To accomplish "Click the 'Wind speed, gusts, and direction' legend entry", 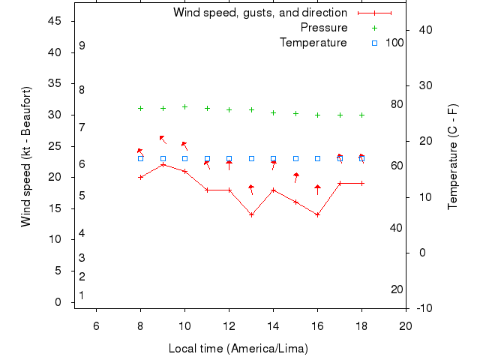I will [259, 13].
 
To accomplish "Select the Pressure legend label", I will [324, 28].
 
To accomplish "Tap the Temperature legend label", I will [313, 43].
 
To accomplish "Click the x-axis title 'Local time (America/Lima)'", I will [238, 349].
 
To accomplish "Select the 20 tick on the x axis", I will [406, 325].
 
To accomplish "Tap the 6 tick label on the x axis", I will [96, 325].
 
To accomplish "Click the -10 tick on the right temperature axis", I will [423, 308].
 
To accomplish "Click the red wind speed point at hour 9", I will [163, 164].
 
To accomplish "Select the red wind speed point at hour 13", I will [251, 214].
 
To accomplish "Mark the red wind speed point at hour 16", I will [318, 214].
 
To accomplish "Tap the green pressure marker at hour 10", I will [184, 106].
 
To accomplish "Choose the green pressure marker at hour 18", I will [361, 115].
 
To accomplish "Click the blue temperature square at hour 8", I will [140, 158].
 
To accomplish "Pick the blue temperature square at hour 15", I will [295, 158].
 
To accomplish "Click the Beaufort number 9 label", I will [82, 46].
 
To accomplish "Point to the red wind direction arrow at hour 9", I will [162, 139].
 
